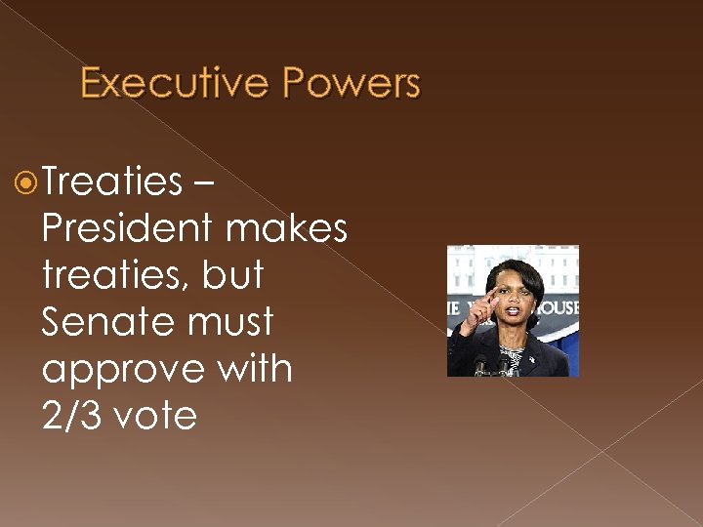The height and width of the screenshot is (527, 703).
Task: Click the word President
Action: click(x=127, y=227)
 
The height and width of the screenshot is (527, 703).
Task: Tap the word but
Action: click(x=233, y=274)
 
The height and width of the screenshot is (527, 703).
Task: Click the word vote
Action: click(x=155, y=417)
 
